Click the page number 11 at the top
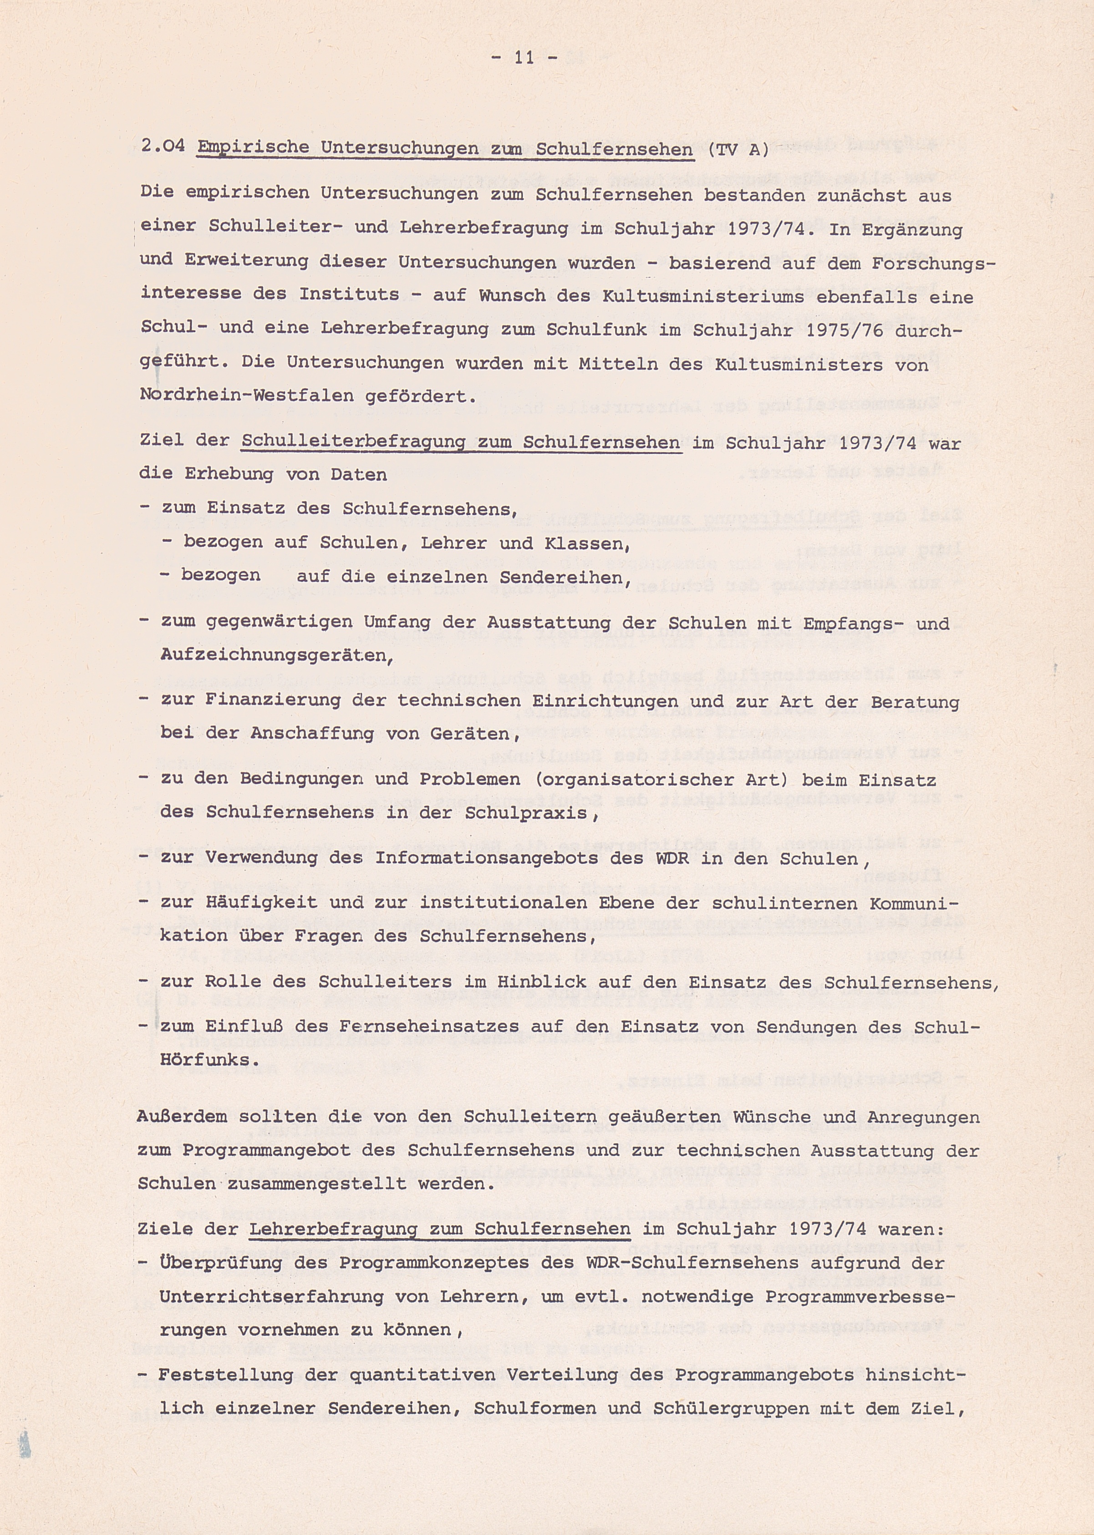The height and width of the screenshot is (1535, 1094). pyautogui.click(x=524, y=58)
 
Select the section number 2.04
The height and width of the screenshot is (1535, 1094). pyautogui.click(x=163, y=147)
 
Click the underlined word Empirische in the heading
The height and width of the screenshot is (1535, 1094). pyautogui.click(x=253, y=147)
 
